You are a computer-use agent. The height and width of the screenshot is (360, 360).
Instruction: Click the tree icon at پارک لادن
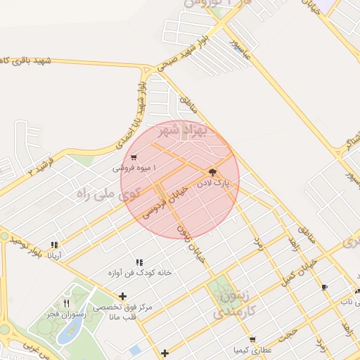click(x=213, y=172)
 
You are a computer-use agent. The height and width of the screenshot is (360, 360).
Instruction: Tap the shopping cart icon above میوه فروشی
click(x=134, y=157)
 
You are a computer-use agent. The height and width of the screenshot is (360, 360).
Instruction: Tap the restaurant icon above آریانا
click(x=54, y=245)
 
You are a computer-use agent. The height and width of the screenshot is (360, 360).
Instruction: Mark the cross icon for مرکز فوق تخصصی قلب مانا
click(x=124, y=296)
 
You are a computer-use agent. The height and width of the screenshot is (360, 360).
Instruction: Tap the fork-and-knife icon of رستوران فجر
click(x=66, y=304)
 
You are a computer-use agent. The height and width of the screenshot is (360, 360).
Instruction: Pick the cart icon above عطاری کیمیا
click(x=252, y=340)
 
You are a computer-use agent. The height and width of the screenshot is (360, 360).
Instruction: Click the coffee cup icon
click(x=323, y=287)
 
